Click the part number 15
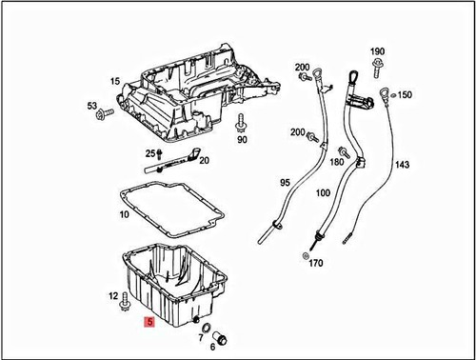pyautogui.click(x=114, y=82)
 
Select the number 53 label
pyautogui.click(x=92, y=106)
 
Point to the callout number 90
pyautogui.click(x=242, y=140)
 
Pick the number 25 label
pyautogui.click(x=149, y=153)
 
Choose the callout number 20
pyautogui.click(x=204, y=160)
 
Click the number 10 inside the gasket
pyautogui.click(x=124, y=215)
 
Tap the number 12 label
pyautogui.click(x=113, y=296)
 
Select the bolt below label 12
pyautogui.click(x=125, y=308)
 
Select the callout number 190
pyautogui.click(x=377, y=50)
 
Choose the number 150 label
pyautogui.click(x=405, y=95)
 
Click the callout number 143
pyautogui.click(x=402, y=165)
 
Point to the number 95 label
pyautogui.click(x=284, y=182)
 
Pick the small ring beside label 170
pyautogui.click(x=304, y=256)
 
